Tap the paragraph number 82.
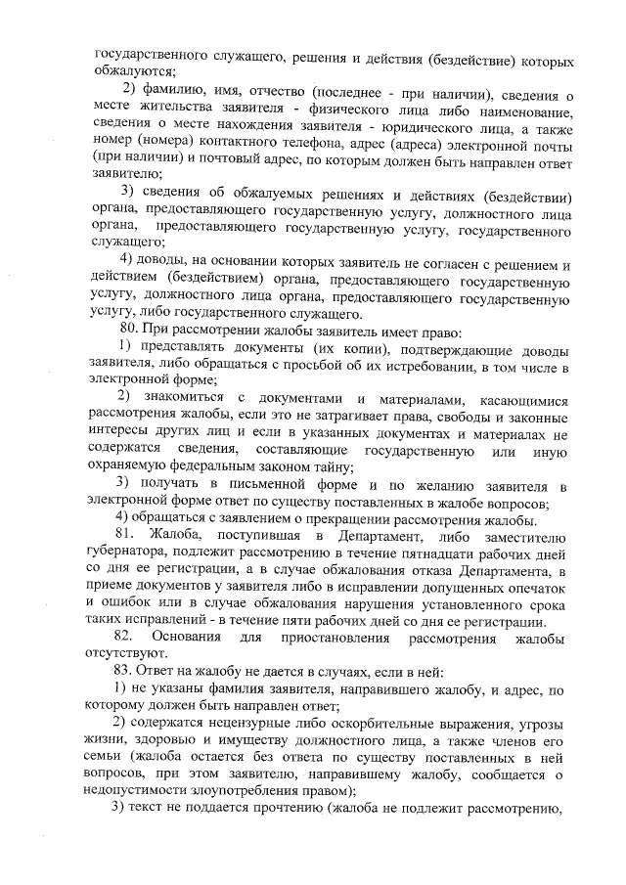click(x=124, y=638)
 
